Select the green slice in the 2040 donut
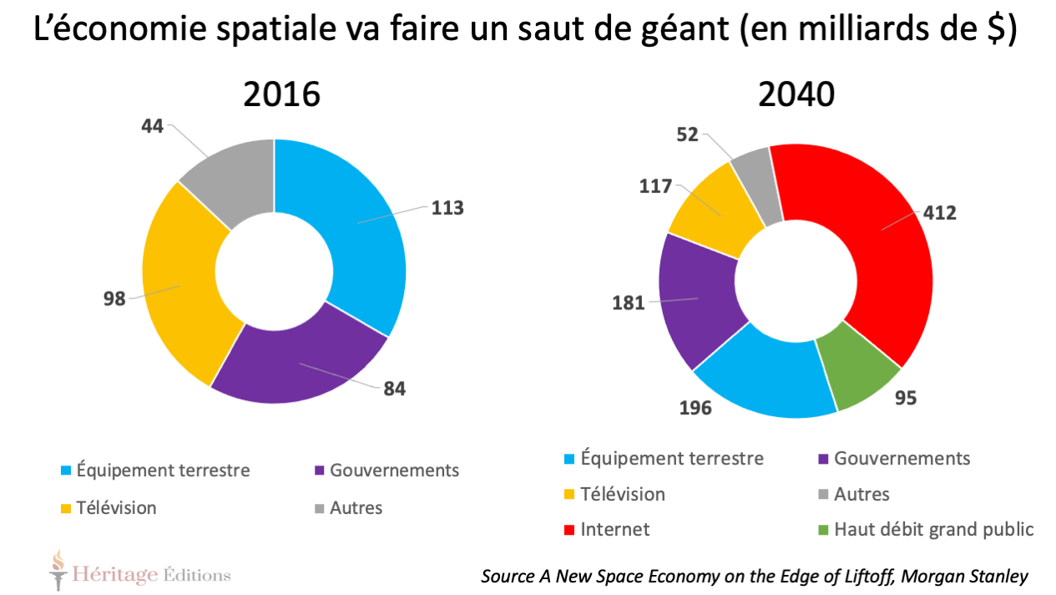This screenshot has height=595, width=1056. coord(856,372)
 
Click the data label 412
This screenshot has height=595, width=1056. coord(939,213)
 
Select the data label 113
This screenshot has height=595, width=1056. coord(447,208)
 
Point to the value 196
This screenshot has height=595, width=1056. coord(695,408)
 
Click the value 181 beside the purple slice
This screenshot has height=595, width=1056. coord(628,303)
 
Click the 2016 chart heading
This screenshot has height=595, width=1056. coord(281,95)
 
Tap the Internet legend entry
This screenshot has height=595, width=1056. coord(614,529)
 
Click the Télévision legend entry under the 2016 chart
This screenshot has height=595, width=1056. coord(116,507)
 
